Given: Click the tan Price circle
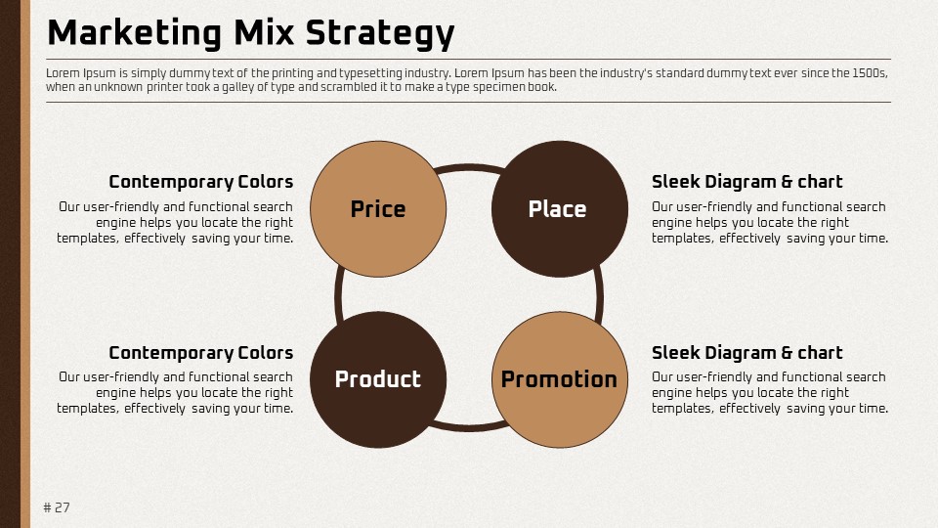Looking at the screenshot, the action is point(378,209).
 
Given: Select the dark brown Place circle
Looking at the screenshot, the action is point(560,209).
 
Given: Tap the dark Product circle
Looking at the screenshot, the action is point(378,379).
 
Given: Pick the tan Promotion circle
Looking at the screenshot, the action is point(560,379).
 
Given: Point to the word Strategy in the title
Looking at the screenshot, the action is point(380,33).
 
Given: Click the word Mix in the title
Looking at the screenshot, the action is point(264,32).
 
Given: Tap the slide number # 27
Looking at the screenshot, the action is point(57,507).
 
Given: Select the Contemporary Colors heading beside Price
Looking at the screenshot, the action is point(201,182).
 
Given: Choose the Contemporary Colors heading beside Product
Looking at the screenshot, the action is point(201,353).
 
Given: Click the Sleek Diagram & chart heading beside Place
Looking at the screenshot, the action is point(747,182).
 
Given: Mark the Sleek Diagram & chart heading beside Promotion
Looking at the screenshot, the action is point(747,353).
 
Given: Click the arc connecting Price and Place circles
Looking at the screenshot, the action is point(469,167).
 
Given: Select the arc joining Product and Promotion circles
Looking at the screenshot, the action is point(469,427).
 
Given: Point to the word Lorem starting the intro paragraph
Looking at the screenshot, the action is point(63,73).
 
